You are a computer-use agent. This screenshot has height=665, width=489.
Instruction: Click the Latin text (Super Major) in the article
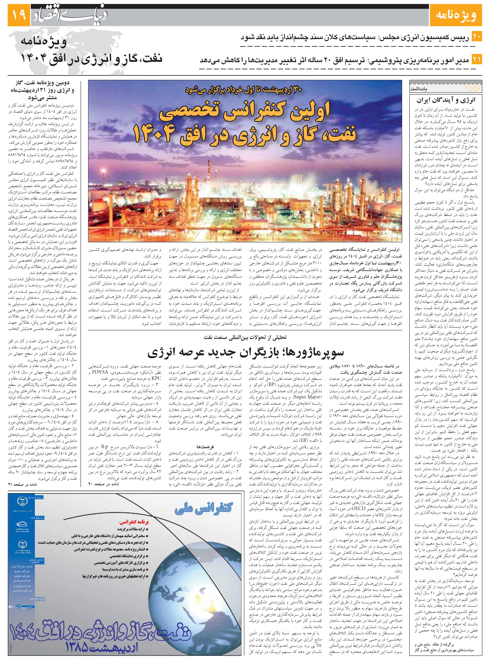click(307, 396)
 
